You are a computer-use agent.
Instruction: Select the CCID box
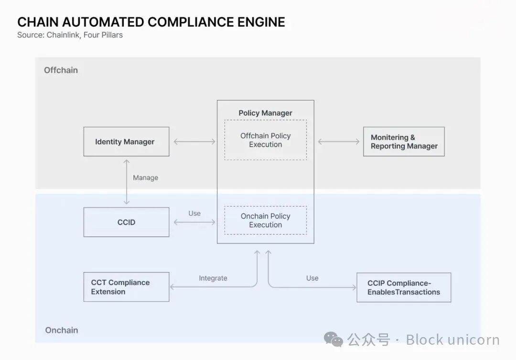click(x=126, y=222)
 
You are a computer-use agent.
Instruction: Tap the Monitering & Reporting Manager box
click(x=404, y=142)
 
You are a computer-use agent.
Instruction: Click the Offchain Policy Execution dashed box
click(x=266, y=140)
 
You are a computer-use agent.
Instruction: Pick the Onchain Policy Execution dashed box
click(x=266, y=220)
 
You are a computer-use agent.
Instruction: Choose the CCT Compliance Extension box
click(x=126, y=287)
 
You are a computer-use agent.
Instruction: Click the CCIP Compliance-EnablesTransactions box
click(x=404, y=287)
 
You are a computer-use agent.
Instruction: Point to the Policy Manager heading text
click(x=266, y=113)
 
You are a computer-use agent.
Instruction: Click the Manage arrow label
click(x=145, y=178)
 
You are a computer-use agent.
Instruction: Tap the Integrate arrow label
click(x=213, y=278)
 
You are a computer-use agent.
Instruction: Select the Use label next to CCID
click(x=194, y=214)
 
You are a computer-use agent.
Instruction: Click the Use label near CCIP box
click(x=312, y=278)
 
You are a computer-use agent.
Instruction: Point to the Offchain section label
click(x=61, y=70)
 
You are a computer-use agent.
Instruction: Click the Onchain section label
click(x=61, y=330)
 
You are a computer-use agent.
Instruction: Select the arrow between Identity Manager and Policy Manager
click(x=194, y=142)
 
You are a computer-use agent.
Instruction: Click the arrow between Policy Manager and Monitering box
click(x=339, y=142)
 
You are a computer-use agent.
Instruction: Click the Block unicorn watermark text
click(x=452, y=340)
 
